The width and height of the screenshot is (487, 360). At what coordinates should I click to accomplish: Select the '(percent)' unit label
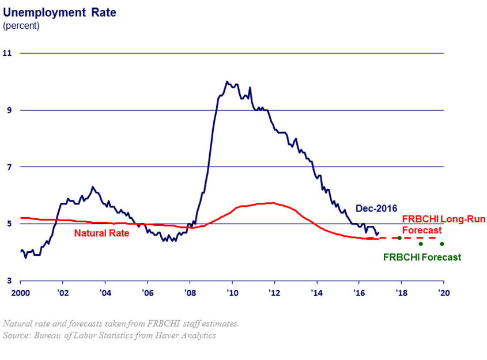tap(21, 25)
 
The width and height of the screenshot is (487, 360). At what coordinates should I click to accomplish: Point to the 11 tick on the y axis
tap(7, 53)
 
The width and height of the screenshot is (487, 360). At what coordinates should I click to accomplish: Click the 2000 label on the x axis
tap(20, 293)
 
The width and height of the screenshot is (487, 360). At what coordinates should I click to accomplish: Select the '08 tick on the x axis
tap(190, 293)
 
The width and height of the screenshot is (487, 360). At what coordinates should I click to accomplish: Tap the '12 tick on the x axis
tap(274, 293)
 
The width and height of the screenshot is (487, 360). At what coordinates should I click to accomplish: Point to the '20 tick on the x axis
tap(443, 293)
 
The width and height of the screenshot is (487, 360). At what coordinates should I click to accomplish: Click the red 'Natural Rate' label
tap(101, 233)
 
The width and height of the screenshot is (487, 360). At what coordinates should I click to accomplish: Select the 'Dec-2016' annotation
tap(376, 209)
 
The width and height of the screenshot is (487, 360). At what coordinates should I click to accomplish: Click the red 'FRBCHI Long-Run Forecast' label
tap(443, 224)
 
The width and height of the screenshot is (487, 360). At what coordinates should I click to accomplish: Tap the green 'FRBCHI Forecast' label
tap(422, 257)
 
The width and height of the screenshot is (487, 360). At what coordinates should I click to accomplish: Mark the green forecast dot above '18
tap(399, 238)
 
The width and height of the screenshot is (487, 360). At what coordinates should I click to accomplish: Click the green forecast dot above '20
tap(442, 244)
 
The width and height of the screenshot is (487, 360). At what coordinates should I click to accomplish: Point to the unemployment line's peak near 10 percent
tap(227, 82)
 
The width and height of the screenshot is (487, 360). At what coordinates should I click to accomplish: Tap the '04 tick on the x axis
tap(105, 293)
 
